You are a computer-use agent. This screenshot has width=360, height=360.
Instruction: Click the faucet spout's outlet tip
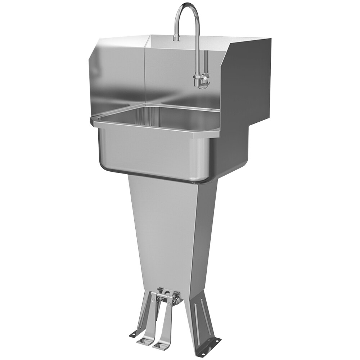pyautogui.click(x=176, y=39)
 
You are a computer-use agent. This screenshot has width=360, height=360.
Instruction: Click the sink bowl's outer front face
pyautogui.click(x=151, y=151)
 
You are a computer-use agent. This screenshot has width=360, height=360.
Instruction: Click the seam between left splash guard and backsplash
pyautogui.click(x=144, y=72)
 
